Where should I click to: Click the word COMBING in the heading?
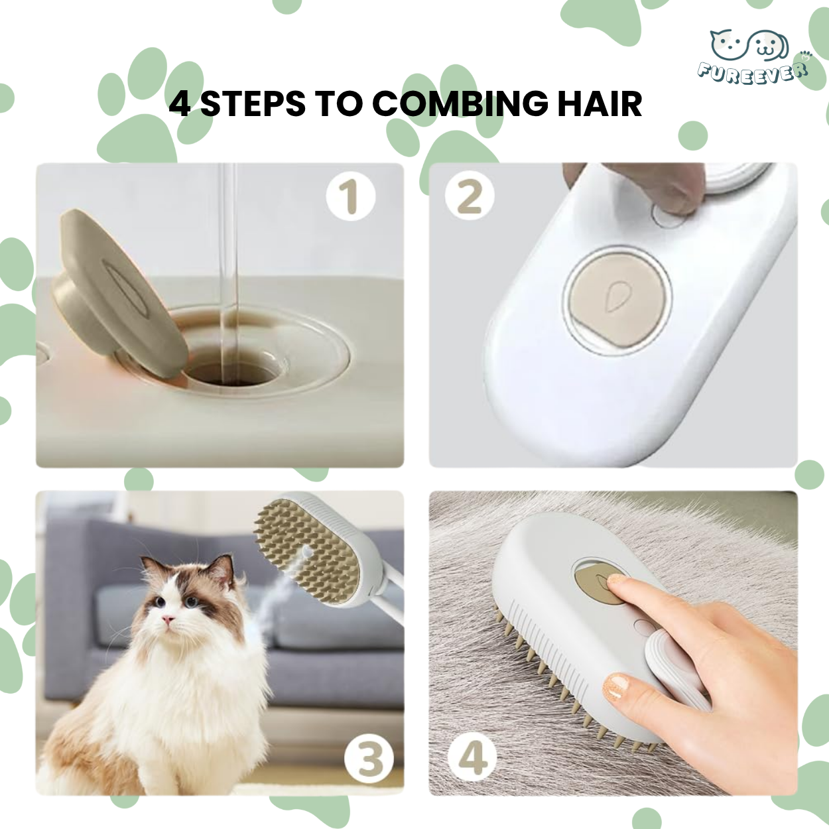[x=460, y=104]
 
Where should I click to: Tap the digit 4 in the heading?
[x=180, y=104]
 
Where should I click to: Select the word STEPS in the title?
[x=253, y=104]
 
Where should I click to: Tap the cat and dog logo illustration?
[x=749, y=45]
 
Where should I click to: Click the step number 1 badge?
[x=351, y=196]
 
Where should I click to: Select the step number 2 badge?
[x=470, y=196]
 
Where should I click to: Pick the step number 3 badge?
[x=370, y=759]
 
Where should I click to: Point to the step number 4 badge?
[x=472, y=757]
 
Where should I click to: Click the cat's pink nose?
[x=169, y=621]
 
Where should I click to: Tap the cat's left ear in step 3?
[x=153, y=566]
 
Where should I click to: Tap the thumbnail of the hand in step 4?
[x=616, y=687]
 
